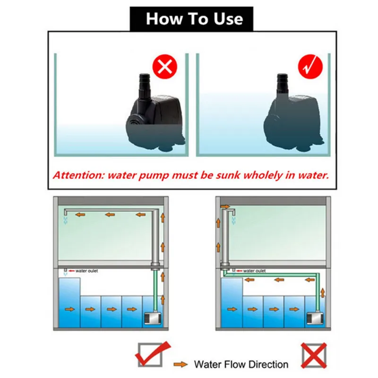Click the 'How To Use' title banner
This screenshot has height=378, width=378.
click(x=194, y=19)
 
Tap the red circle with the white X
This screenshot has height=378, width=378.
click(x=164, y=68)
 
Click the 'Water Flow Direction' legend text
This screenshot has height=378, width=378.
click(x=241, y=364)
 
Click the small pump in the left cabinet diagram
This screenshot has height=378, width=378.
click(x=150, y=320)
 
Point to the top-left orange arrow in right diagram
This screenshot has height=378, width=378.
click(x=224, y=206)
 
